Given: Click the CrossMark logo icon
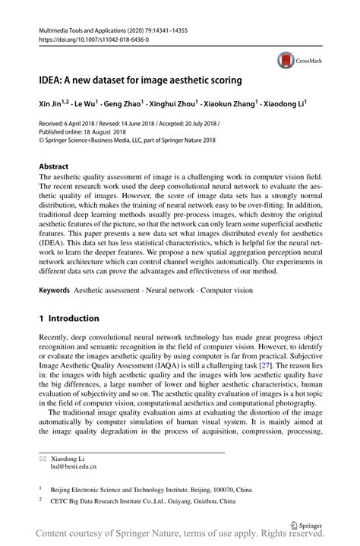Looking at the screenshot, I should click(286, 59).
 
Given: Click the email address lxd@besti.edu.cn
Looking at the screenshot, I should click(74, 469).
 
